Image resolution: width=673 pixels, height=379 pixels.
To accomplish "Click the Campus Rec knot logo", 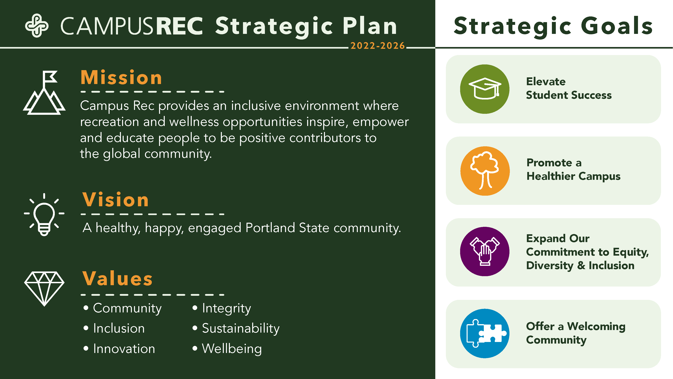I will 37,26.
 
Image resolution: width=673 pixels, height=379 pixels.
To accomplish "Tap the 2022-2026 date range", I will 378,46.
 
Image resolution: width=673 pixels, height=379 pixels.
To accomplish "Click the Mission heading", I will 121,78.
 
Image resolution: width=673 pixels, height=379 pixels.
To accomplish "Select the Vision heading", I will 115,200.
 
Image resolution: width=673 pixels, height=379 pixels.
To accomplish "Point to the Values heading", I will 118,279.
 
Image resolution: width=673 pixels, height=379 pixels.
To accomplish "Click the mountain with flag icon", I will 44,93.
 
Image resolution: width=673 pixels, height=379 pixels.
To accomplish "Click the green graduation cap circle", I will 485,89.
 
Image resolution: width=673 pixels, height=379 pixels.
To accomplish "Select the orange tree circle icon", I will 485,171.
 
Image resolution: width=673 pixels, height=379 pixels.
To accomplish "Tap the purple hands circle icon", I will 485,251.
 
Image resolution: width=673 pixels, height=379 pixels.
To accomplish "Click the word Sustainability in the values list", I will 240,328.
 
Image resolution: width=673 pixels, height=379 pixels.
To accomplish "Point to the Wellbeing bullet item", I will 231,349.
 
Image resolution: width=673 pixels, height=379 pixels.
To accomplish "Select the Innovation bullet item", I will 124,349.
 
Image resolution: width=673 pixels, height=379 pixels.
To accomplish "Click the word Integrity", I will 226,308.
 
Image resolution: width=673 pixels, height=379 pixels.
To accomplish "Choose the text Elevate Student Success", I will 569,88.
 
